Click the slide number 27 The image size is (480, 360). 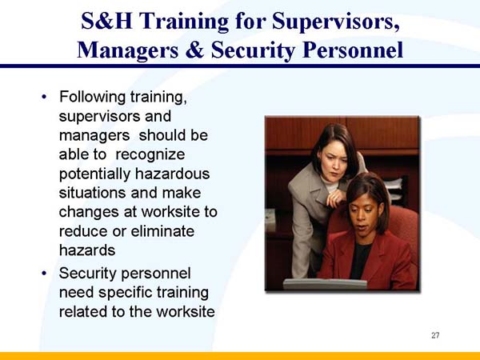[435, 335]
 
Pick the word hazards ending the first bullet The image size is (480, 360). [87, 250]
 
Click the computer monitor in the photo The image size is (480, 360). [324, 283]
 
